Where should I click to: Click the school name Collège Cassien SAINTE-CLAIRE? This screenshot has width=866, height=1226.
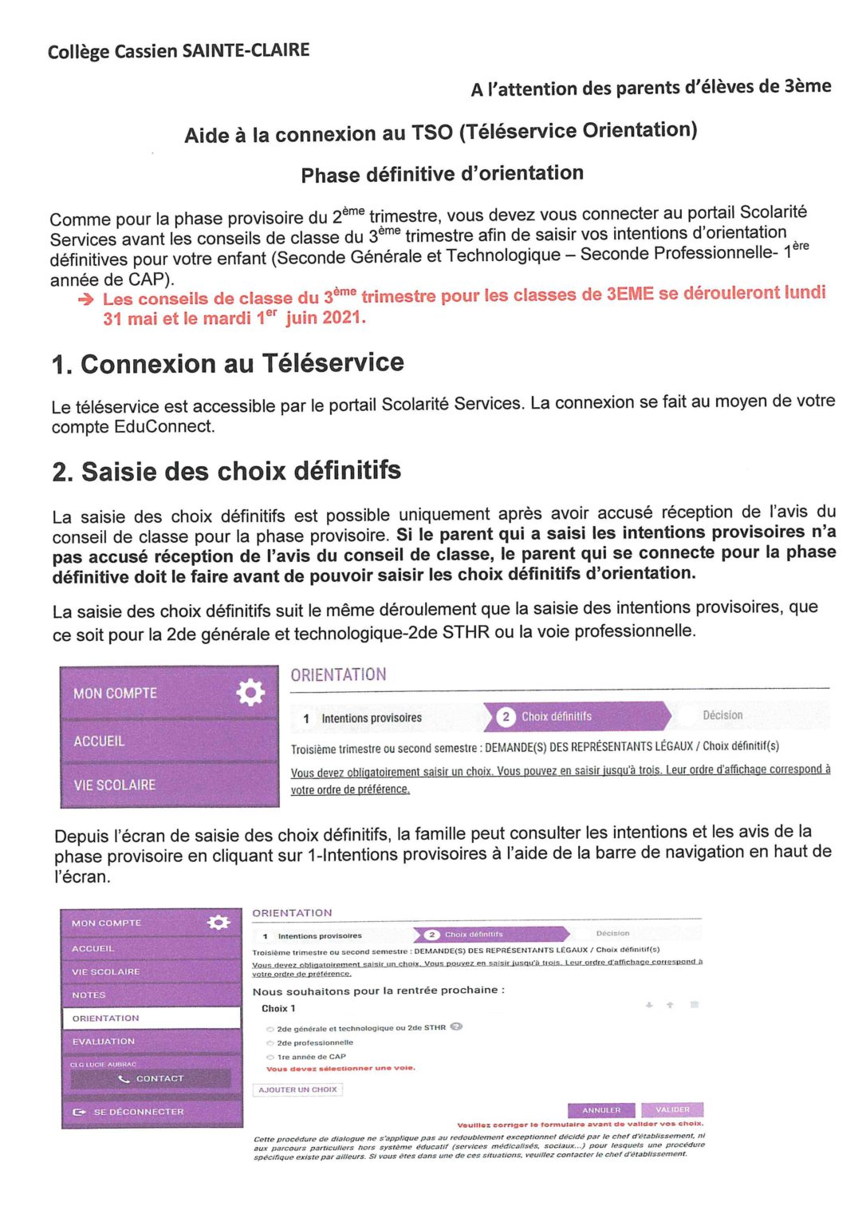pos(179,51)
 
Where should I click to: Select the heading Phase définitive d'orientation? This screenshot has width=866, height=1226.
pos(442,174)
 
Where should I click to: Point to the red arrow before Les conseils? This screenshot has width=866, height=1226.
pos(85,299)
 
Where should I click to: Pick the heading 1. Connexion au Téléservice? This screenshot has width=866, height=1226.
pos(227,364)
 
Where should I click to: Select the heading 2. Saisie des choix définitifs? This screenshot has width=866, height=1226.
pos(226,471)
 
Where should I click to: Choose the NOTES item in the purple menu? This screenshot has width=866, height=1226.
pos(89,995)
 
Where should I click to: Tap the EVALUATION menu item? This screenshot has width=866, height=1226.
pos(104,1042)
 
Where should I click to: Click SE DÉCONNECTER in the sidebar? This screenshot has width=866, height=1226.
pos(138,1112)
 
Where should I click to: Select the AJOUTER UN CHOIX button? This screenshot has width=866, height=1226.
pos(297,1090)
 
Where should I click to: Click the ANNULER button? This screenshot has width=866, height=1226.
pos(601,1110)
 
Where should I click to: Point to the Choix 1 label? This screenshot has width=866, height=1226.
pos(278,1009)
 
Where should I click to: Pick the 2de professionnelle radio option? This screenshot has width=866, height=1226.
pos(270,1042)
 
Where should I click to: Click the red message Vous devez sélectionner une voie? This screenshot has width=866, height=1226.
pos(340,1069)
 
